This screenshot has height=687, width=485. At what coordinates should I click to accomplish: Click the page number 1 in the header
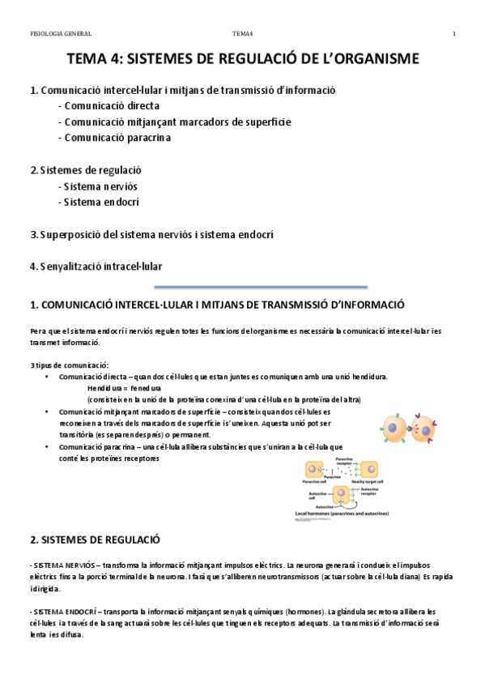(454, 33)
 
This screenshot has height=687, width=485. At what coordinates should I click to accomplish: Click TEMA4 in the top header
(243, 33)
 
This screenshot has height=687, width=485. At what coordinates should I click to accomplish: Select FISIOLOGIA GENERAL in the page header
(60, 33)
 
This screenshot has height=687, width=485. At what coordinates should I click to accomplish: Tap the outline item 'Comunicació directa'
(111, 106)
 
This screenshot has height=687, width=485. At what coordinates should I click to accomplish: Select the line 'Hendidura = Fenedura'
(124, 388)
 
